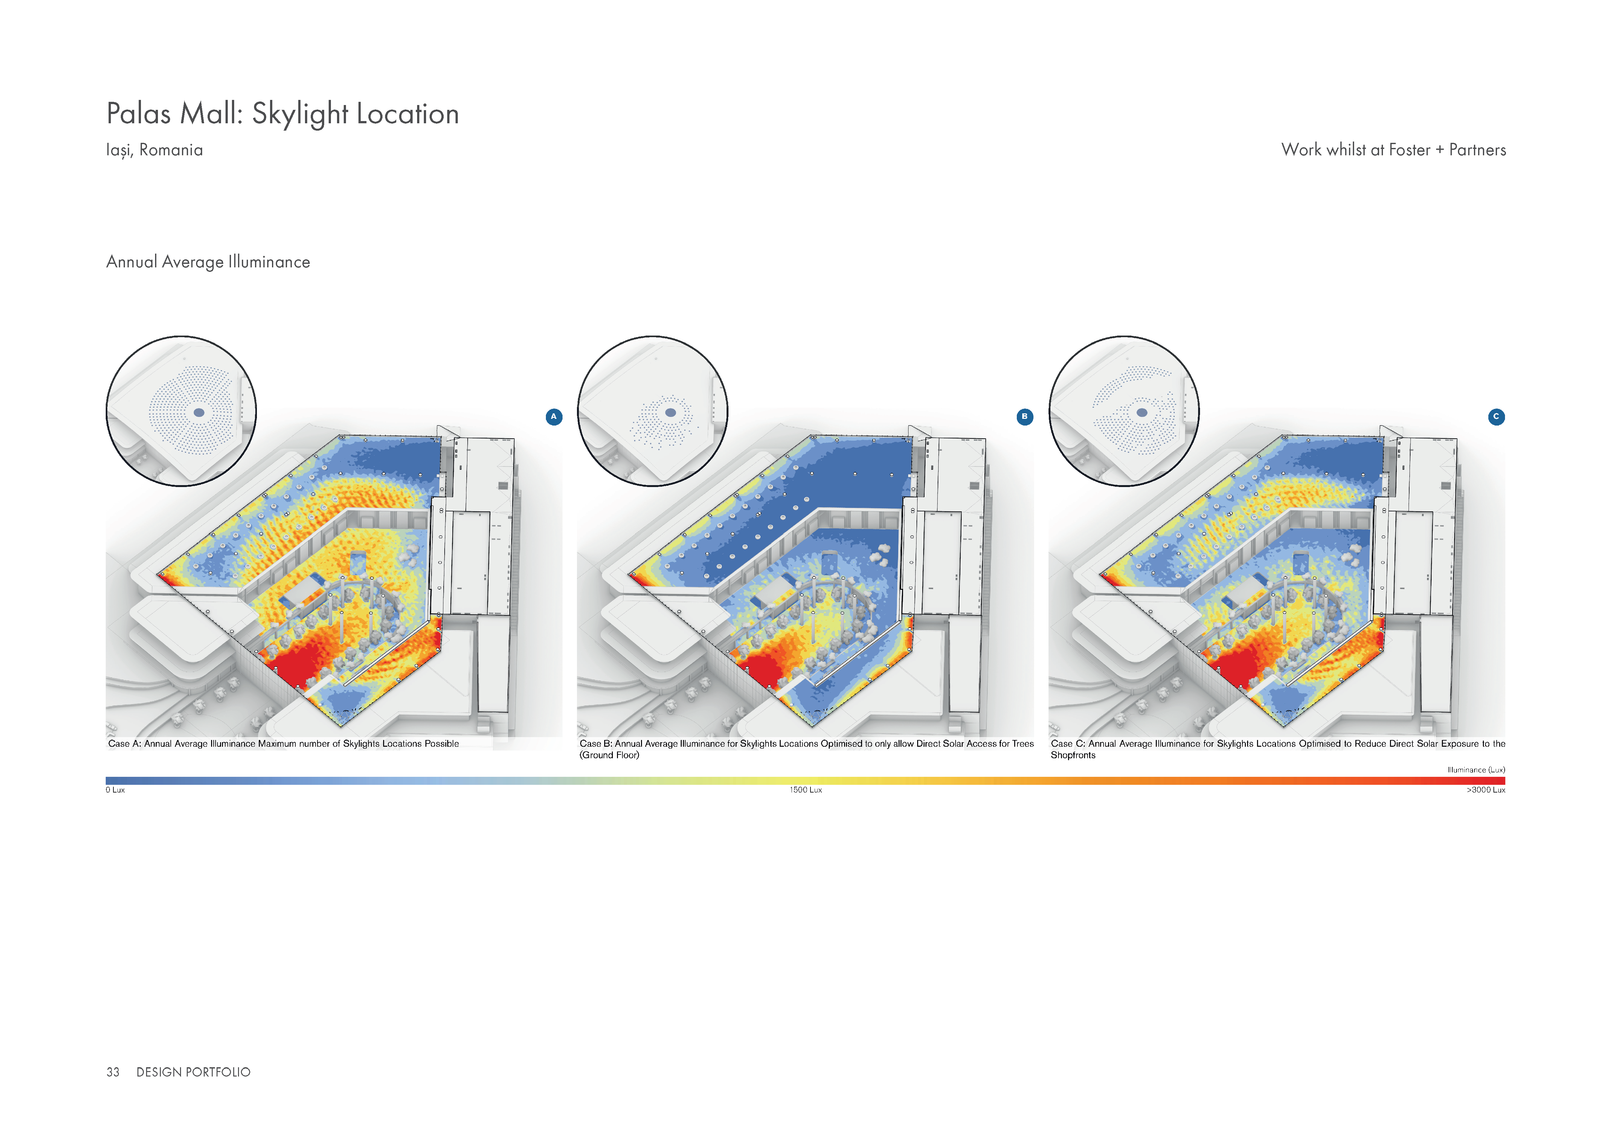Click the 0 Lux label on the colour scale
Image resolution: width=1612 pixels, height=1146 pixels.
(x=115, y=790)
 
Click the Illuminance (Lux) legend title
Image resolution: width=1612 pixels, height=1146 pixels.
(x=1476, y=770)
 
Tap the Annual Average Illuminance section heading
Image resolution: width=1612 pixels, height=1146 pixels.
(x=208, y=262)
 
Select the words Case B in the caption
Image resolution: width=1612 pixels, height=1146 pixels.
(x=595, y=744)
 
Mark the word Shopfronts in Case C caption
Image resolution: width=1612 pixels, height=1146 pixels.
(x=1073, y=755)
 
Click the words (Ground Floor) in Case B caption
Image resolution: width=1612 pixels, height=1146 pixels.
(x=609, y=755)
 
